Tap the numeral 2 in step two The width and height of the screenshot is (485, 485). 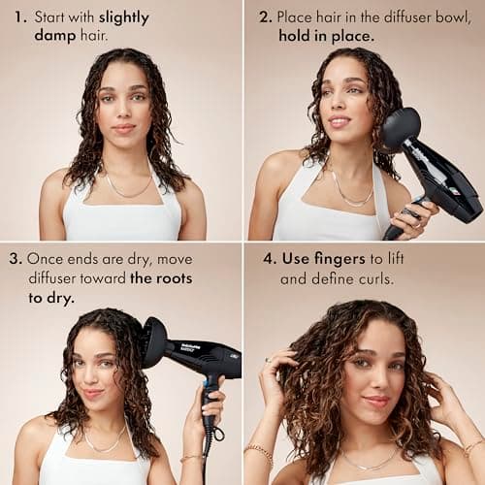(264, 17)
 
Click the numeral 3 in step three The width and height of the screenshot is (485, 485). (15, 260)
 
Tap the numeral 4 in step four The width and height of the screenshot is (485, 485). (263, 260)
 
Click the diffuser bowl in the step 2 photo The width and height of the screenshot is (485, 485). (400, 129)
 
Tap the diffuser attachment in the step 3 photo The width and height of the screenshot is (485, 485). (154, 341)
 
